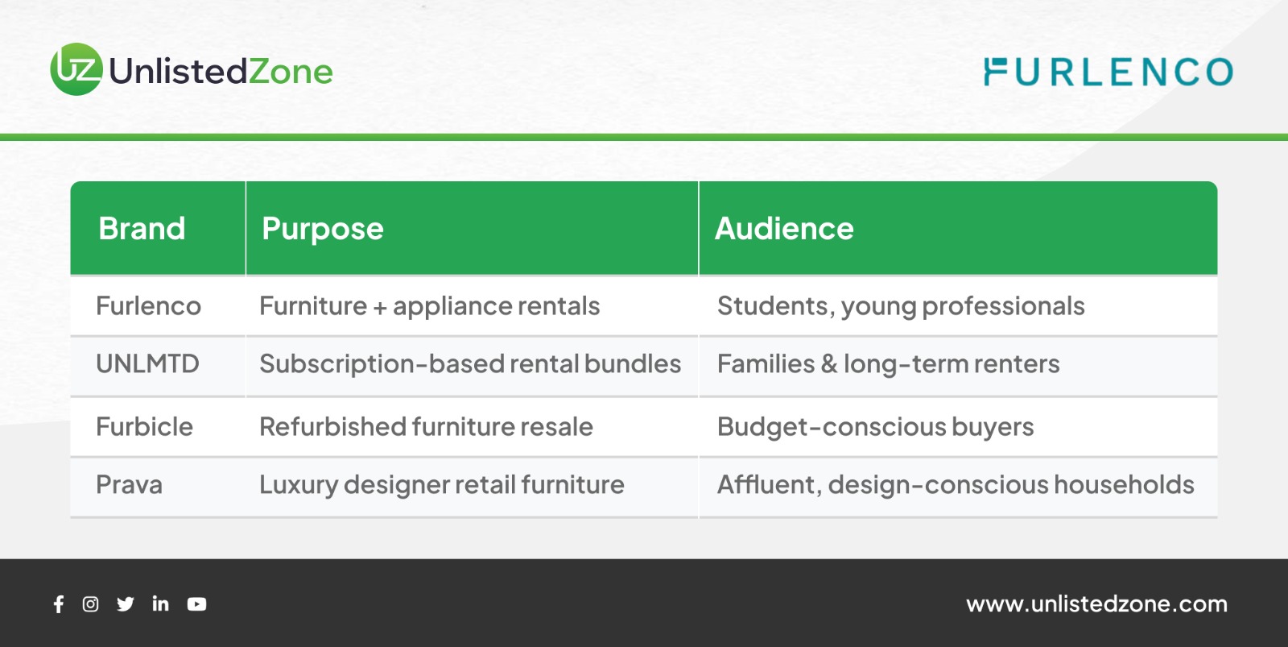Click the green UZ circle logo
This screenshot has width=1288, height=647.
[76, 69]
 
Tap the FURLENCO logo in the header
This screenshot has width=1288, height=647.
[1108, 72]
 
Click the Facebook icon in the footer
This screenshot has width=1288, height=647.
[59, 603]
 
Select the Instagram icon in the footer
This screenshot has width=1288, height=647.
[90, 603]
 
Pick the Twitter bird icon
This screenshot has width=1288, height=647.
[126, 603]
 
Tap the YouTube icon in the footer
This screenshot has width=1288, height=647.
[196, 603]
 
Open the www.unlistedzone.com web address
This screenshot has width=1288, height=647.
[1096, 603]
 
